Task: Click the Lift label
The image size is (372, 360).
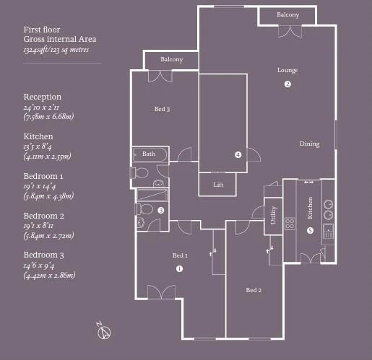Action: pos(218,185)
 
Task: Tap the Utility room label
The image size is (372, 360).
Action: pos(273,215)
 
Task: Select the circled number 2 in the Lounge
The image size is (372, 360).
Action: pos(287,84)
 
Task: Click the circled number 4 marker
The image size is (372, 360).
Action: pos(238,154)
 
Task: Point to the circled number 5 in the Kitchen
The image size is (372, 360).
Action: pos(310,231)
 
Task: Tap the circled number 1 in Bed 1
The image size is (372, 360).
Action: pos(179,268)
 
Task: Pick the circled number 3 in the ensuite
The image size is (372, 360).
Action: pos(161,210)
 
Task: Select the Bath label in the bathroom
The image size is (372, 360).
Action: pos(149,154)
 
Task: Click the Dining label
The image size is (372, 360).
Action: pos(310,144)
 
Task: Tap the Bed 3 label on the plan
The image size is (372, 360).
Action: pos(162,109)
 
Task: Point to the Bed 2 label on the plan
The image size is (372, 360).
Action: pos(254,290)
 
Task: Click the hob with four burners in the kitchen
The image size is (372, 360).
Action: pos(290,224)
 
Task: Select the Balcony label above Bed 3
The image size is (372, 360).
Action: pos(171,59)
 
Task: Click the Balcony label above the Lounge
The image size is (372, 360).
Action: pos(287,15)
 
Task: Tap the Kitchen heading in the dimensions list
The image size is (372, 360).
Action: pos(38,136)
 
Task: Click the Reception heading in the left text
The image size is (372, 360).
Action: pos(43,97)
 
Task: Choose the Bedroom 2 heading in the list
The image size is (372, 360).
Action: pos(44,216)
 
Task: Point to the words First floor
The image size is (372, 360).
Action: pos(42,30)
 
